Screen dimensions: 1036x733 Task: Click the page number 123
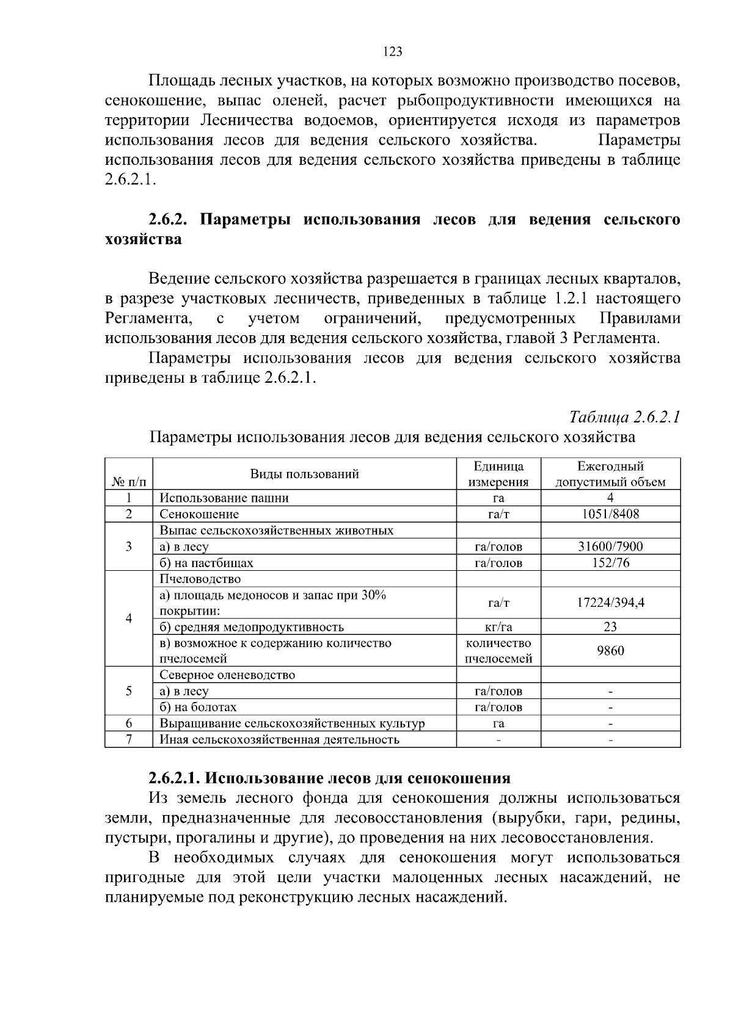point(393,52)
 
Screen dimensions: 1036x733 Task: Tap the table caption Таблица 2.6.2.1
point(624,417)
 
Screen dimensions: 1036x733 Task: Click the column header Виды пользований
point(304,474)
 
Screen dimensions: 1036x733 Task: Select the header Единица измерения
point(498,474)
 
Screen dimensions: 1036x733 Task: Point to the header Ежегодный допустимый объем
point(610,474)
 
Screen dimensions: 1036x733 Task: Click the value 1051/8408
point(610,514)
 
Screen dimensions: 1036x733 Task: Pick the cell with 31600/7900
point(610,546)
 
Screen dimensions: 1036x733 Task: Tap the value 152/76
point(610,563)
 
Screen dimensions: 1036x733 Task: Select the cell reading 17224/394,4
point(610,603)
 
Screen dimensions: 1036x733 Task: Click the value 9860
point(610,651)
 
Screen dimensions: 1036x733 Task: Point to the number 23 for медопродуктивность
point(610,627)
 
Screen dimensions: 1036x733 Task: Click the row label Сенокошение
point(199,514)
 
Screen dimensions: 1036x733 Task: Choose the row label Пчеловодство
point(200,579)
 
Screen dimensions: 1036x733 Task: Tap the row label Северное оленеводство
point(227,675)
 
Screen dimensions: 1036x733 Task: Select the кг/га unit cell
point(498,627)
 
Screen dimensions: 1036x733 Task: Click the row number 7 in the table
point(129,739)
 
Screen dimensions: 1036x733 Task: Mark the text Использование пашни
point(224,498)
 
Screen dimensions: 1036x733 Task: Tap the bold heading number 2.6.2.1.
point(175,778)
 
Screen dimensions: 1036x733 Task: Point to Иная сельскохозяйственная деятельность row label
point(279,740)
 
